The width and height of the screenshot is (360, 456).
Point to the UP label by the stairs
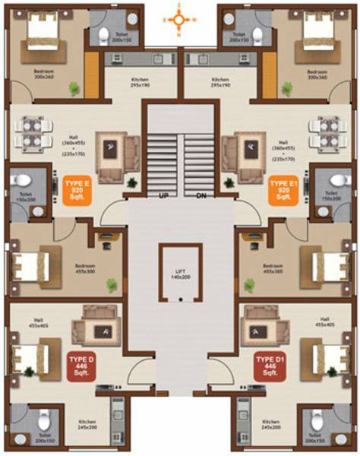pyautogui.click(x=163, y=196)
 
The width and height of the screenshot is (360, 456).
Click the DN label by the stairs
pyautogui.click(x=201, y=196)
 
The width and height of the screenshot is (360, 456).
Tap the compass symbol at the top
pyautogui.click(x=179, y=21)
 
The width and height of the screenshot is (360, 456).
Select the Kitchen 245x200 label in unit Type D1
pyautogui.click(x=271, y=425)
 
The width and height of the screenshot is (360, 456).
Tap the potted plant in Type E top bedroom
pyautogui.click(x=74, y=87)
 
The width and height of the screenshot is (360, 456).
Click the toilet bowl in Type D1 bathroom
pyautogui.click(x=314, y=419)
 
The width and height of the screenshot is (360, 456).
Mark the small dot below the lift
pyautogui.click(x=180, y=299)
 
